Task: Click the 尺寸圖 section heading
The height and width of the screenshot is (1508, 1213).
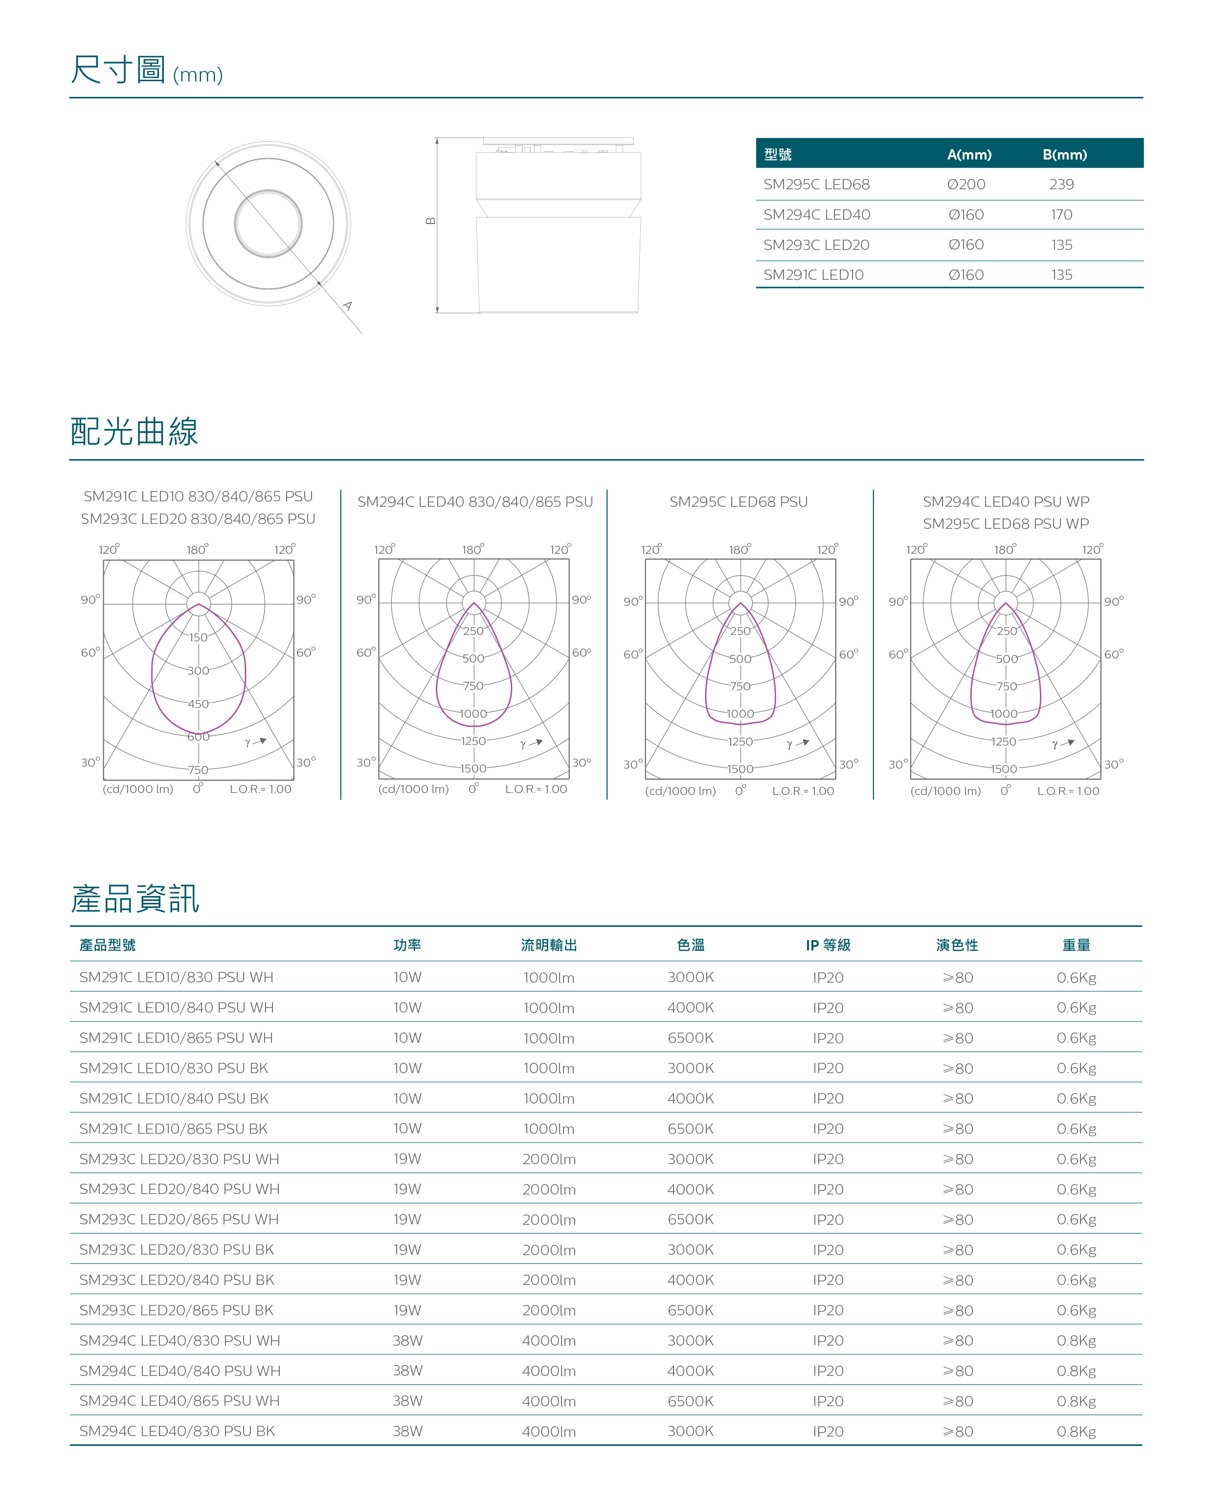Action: pyautogui.click(x=118, y=70)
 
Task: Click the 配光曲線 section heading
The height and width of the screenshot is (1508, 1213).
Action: pyautogui.click(x=135, y=431)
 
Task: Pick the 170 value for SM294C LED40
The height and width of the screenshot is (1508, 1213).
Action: pyautogui.click(x=1061, y=215)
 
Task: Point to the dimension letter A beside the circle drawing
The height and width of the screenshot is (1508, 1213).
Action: pyautogui.click(x=347, y=306)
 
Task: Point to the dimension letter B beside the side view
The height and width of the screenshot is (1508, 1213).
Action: pyautogui.click(x=431, y=221)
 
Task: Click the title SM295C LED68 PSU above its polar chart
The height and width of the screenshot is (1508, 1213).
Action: pyautogui.click(x=738, y=501)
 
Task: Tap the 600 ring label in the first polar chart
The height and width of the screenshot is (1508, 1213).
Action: pyautogui.click(x=198, y=737)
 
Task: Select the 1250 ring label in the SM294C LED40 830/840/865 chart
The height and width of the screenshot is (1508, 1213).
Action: pyautogui.click(x=473, y=741)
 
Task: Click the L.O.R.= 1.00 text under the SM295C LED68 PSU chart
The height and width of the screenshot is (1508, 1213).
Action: pyautogui.click(x=803, y=791)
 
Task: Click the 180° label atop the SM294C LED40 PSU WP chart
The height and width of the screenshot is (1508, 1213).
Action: pyautogui.click(x=1005, y=549)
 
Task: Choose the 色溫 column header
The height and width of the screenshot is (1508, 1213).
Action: pyautogui.click(x=691, y=945)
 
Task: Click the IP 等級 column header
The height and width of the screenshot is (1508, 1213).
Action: pyautogui.click(x=828, y=945)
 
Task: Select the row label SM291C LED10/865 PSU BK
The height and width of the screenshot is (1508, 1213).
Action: pyautogui.click(x=174, y=1128)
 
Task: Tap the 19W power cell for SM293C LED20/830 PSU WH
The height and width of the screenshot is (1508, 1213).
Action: pyautogui.click(x=407, y=1159)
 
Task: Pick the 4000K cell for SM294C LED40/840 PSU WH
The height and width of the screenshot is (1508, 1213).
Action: pyautogui.click(x=691, y=1371)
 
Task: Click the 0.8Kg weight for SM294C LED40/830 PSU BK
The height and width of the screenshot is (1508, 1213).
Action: pyautogui.click(x=1076, y=1431)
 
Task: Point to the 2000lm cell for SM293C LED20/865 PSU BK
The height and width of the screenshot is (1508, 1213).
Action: pyautogui.click(x=549, y=1310)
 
